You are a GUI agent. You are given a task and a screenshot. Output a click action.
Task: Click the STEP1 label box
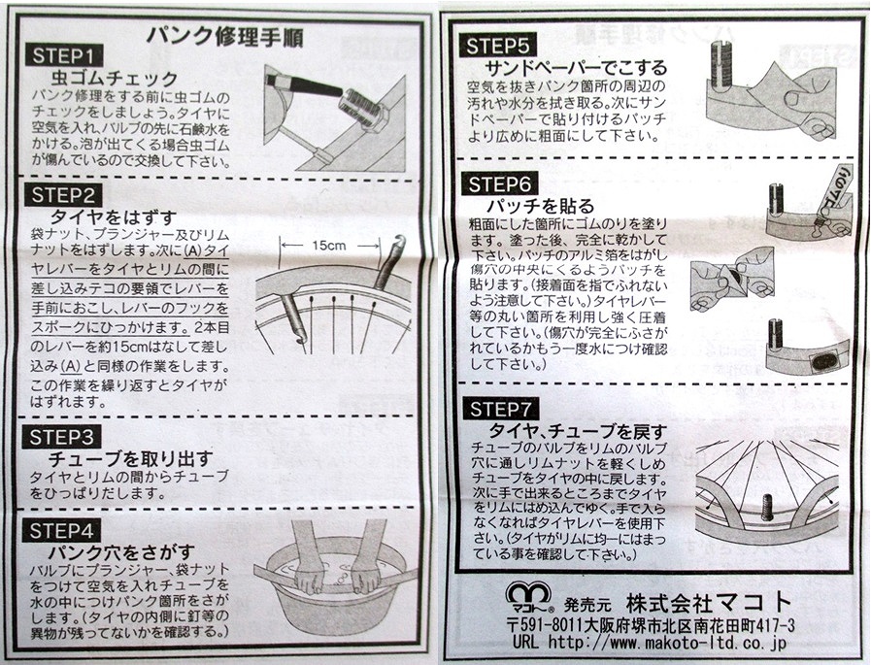tap(64, 55)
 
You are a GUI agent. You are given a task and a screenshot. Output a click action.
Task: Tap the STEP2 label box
tap(63, 195)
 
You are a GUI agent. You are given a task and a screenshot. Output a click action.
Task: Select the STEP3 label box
tap(61, 437)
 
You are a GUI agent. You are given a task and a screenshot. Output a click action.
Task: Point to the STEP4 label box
tap(61, 531)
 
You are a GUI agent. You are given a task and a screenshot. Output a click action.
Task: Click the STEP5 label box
tap(498, 46)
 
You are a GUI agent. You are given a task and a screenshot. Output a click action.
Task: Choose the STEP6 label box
tap(500, 183)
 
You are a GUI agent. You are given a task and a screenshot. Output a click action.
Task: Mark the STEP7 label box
tap(500, 409)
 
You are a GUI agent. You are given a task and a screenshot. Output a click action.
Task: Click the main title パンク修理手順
tap(225, 36)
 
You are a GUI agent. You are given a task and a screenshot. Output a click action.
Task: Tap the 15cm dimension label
tap(329, 246)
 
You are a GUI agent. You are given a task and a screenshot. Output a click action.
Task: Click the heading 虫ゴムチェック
tap(115, 78)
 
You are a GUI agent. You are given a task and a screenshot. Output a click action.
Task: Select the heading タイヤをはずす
tap(114, 216)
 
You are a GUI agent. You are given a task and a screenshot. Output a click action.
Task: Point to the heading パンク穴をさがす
tap(121, 552)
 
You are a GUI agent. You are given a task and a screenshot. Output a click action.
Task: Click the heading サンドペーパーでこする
tap(576, 68)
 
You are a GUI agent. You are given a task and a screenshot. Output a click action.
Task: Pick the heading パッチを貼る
tap(541, 207)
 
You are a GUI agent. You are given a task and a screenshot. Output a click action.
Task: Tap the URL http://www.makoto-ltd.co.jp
tap(650, 643)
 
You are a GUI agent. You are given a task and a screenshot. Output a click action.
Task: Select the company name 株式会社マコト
tap(709, 602)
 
